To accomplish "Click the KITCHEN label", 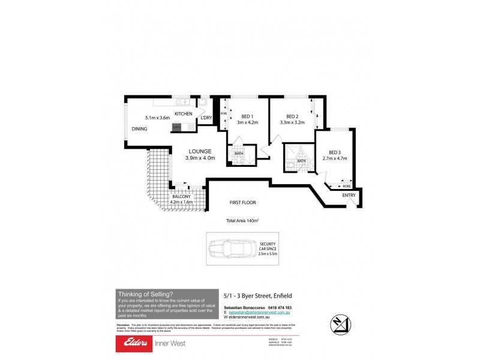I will pos(183,114).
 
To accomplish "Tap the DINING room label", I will pos(139,129).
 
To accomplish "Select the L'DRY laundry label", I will pos(206,118).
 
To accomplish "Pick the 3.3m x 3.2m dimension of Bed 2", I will pos(292,123).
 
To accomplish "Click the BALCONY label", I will pos(181,197).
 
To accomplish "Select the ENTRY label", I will pos(349,196).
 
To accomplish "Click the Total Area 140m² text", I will pos(242,221).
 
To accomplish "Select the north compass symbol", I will pos(341,325).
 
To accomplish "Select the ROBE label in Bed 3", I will pos(347,187).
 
